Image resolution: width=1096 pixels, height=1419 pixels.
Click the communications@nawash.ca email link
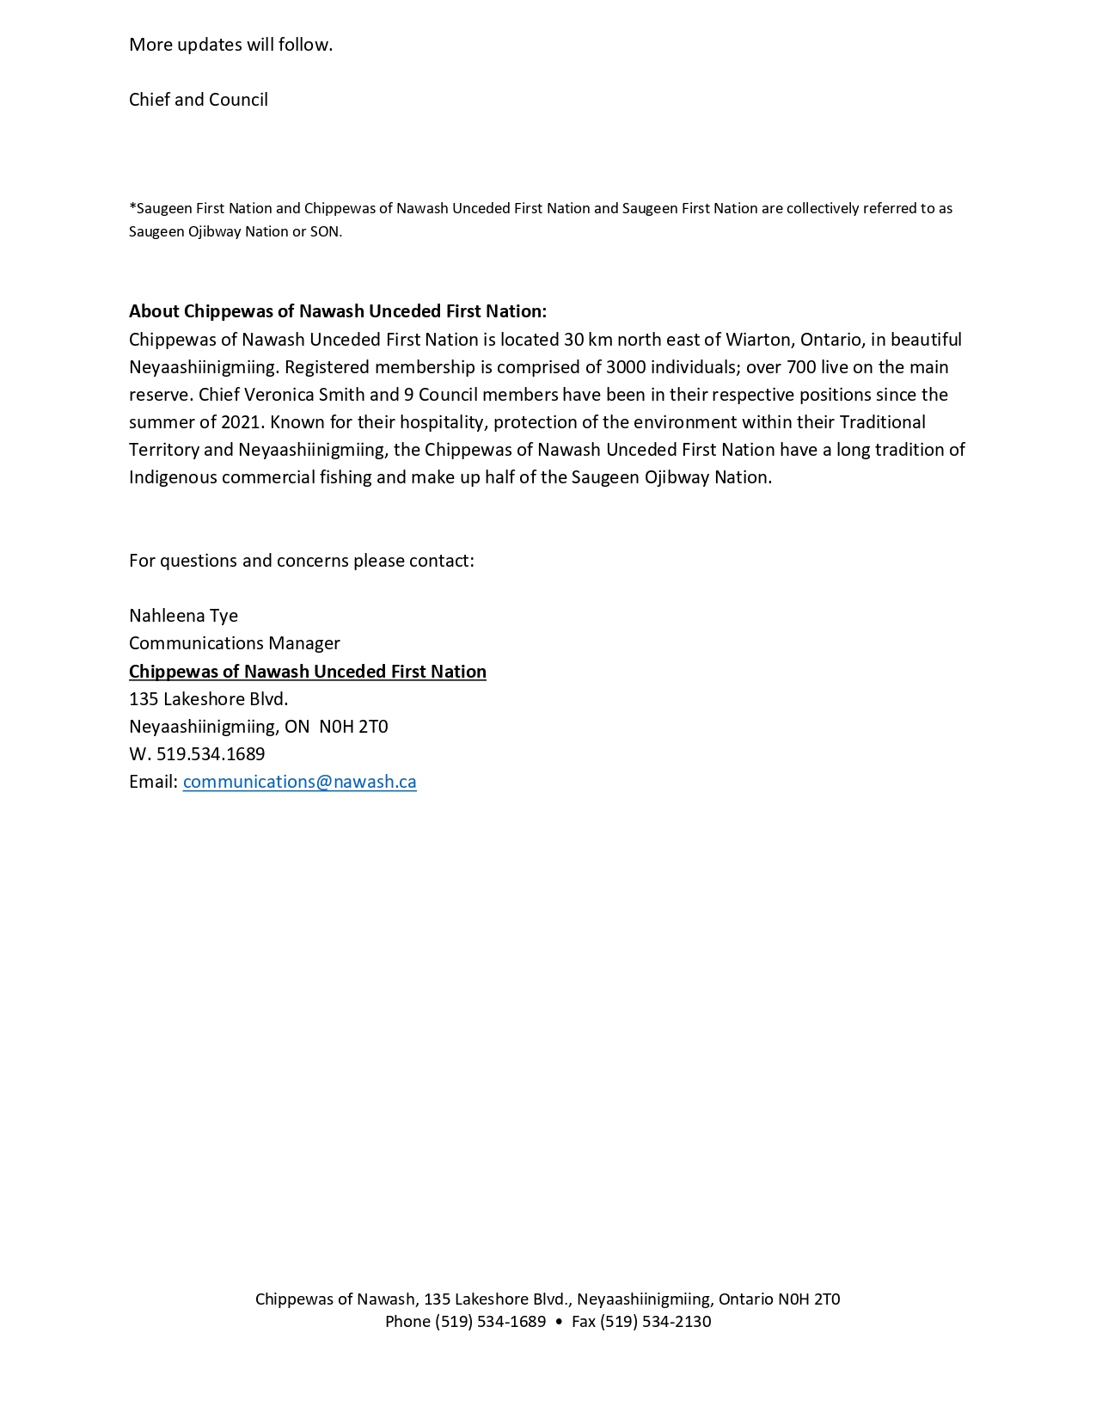(299, 782)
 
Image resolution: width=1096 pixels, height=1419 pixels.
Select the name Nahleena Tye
(183, 616)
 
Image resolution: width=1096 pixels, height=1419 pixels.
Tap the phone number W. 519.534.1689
(197, 754)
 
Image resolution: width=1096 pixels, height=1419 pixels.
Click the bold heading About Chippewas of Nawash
(337, 311)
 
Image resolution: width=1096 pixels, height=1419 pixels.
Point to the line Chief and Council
(199, 100)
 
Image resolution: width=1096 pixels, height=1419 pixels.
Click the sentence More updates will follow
(230, 45)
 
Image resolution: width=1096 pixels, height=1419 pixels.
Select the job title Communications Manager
(234, 643)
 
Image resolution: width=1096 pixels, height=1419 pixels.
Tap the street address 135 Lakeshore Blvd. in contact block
(208, 698)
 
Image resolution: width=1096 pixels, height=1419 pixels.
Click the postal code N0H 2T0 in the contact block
(353, 727)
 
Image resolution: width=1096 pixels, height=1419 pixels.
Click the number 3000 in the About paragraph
(626, 367)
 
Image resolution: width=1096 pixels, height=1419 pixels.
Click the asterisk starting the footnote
(132, 206)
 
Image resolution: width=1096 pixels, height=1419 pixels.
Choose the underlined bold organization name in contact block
(307, 672)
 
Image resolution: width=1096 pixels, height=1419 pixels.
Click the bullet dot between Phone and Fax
(559, 1322)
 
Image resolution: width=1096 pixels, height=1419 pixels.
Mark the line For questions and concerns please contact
(301, 561)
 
